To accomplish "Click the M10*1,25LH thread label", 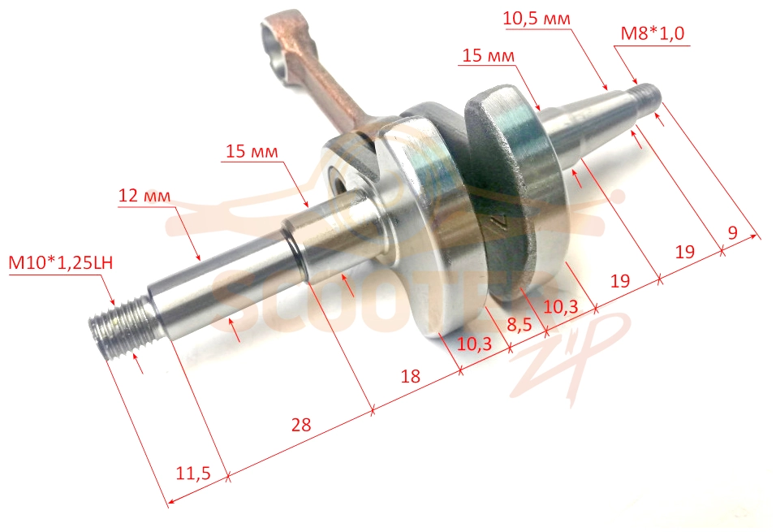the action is tap(60, 262).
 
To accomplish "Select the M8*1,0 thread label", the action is tap(653, 33).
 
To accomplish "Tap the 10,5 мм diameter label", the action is tap(537, 19).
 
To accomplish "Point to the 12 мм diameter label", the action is tap(144, 196).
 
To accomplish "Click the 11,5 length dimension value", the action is tap(193, 473).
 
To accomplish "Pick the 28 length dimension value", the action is tap(301, 425).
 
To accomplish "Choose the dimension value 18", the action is tap(410, 376).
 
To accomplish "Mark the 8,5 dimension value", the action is tap(519, 324).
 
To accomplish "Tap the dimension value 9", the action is tap(733, 231).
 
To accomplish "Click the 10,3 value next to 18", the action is tap(474, 344).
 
